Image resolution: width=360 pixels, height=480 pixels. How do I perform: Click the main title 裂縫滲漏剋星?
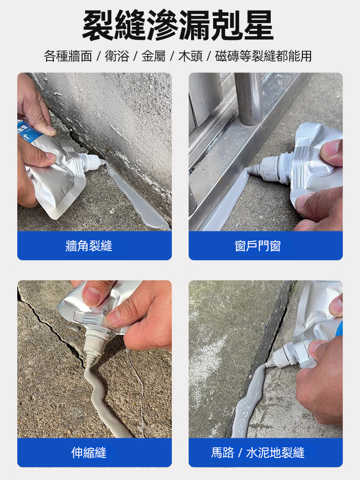(x=178, y=25)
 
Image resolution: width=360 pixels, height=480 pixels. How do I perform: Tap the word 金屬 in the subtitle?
(x=154, y=56)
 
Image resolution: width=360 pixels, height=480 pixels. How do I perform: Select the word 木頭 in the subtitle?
(x=191, y=56)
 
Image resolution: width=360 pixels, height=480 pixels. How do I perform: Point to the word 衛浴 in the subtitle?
(x=117, y=56)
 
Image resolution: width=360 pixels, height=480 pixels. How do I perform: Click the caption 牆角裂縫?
(x=89, y=246)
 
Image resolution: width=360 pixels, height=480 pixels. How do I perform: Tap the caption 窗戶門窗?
(x=258, y=246)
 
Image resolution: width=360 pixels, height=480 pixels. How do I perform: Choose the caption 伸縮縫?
(x=89, y=453)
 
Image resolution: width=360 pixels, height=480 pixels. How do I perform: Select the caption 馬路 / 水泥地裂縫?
(x=258, y=453)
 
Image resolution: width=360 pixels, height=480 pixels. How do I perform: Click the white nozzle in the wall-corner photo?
(x=92, y=162)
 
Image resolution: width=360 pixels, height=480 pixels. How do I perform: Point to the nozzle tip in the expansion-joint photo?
(x=89, y=364)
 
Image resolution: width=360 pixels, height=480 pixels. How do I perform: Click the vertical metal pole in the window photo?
(x=249, y=98)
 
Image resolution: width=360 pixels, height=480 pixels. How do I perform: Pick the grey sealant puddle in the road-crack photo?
(x=248, y=401)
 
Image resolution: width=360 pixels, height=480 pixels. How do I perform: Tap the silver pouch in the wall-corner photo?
(x=57, y=171)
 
